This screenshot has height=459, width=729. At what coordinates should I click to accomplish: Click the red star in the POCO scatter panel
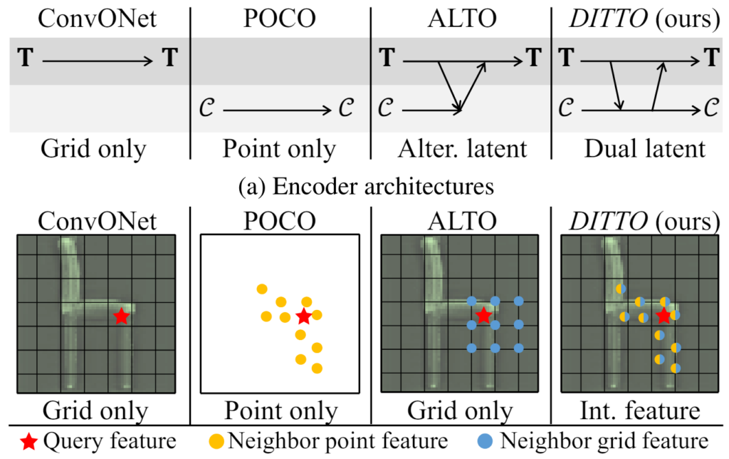[303, 316]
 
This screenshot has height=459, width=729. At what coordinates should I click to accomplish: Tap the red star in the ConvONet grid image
[121, 316]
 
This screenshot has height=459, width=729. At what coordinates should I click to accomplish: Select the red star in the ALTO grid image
[483, 315]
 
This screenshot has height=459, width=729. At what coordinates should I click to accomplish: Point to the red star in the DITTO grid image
[664, 316]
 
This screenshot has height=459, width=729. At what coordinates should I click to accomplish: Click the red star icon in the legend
[28, 442]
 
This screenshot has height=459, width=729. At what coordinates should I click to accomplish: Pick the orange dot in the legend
[216, 441]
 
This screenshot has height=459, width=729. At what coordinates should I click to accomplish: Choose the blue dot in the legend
[485, 441]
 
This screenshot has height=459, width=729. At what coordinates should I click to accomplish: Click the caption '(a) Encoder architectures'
[366, 187]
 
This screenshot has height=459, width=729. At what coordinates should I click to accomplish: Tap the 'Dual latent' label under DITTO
[645, 149]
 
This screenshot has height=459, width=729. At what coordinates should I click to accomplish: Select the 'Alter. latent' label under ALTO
[463, 149]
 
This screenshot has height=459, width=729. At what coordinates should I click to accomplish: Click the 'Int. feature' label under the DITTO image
[640, 411]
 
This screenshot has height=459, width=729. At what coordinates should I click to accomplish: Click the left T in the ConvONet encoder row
[26, 58]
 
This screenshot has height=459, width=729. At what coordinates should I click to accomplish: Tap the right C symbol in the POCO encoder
[346, 108]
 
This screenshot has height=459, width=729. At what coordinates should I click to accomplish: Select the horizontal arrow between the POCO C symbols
[277, 110]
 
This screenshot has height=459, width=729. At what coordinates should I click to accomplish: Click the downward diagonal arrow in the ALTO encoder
[450, 86]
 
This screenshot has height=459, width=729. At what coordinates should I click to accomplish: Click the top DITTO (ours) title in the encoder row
[644, 19]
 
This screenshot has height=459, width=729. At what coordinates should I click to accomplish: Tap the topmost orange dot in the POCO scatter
[262, 289]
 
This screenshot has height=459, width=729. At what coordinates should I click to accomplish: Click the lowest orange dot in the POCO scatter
[317, 368]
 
